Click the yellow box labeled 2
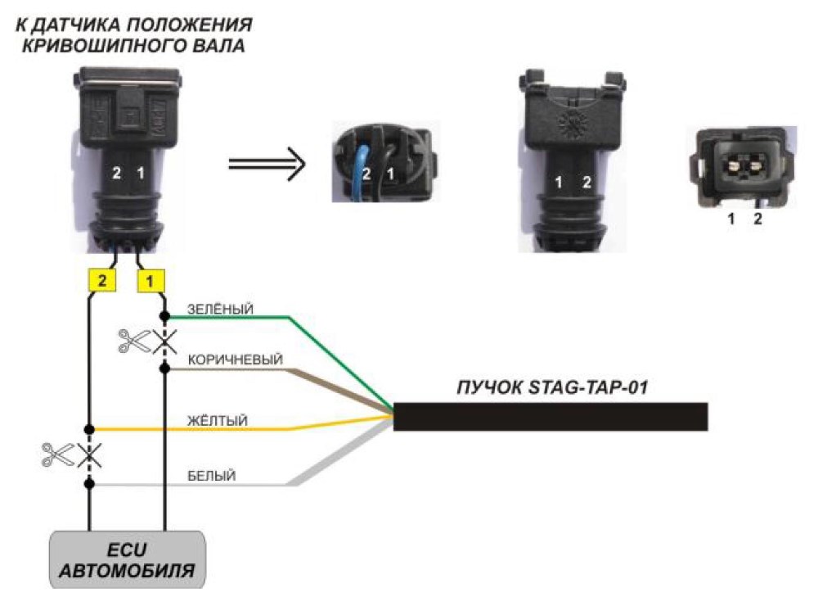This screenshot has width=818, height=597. (x=102, y=280)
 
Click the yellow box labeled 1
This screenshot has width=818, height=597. (x=151, y=281)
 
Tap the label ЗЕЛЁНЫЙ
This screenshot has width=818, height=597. (x=220, y=309)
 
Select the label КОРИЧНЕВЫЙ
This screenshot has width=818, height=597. (x=236, y=360)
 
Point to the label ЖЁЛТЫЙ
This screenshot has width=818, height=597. (x=217, y=420)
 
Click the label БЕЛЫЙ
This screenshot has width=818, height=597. (x=211, y=477)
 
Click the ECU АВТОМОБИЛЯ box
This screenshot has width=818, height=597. (x=128, y=560)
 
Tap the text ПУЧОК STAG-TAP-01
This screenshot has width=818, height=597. (x=552, y=387)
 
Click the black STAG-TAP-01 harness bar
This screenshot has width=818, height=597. (x=551, y=416)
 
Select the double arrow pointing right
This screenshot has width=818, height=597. (x=267, y=164)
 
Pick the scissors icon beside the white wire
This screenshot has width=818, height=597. (x=58, y=455)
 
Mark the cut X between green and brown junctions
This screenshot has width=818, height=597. (x=165, y=342)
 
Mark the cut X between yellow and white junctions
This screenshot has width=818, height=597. (x=89, y=455)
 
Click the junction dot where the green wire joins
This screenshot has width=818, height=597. (x=165, y=316)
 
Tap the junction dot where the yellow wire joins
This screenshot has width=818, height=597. (x=89, y=429)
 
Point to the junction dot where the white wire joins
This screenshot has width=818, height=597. (x=89, y=484)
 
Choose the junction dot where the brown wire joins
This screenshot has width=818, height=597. (x=165, y=369)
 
